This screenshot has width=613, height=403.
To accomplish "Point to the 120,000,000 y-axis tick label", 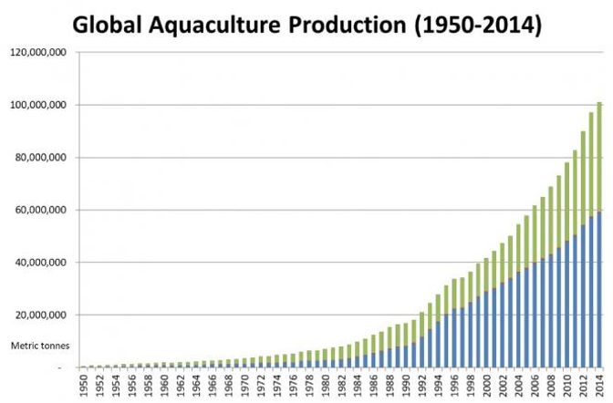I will coord(36,53).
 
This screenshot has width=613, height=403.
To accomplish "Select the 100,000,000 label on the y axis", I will coord(36,105).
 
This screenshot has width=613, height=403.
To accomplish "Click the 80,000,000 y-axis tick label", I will coord(39,158).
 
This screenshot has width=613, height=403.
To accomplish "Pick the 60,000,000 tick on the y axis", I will coord(39,210).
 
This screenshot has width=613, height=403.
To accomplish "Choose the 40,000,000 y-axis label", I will coord(39,263).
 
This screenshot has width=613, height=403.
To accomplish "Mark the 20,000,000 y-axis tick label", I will coord(39,315).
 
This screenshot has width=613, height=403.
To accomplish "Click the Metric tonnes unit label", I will coord(35,346).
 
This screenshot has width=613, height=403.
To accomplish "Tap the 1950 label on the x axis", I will coord(84,386).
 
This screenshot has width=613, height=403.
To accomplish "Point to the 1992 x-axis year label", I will coord(422,386).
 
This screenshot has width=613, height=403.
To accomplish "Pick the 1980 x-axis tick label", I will coord(326,386).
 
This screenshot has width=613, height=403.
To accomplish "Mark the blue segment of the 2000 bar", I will coord(486,329).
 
